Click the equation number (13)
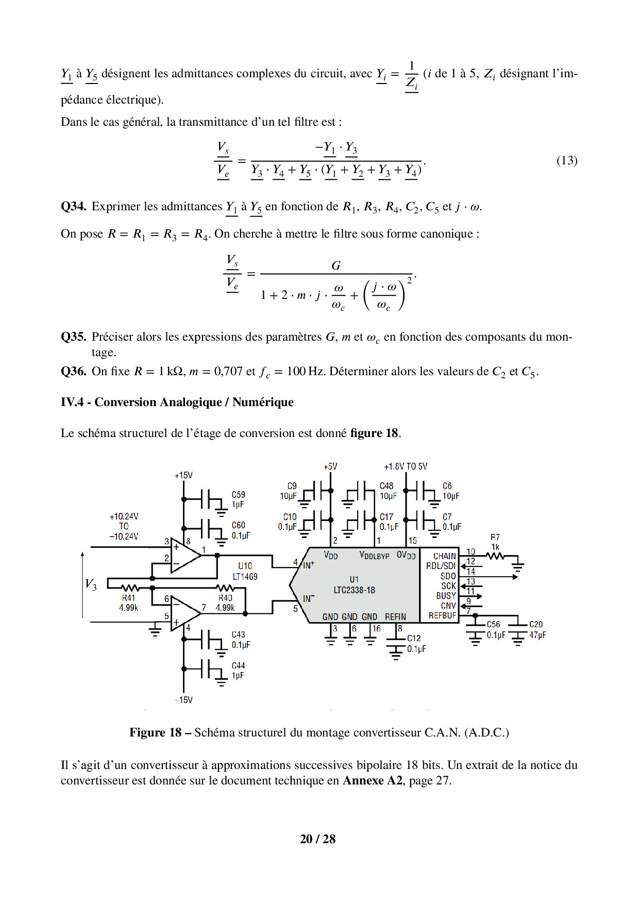(566, 161)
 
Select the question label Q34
(73, 207)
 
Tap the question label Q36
(73, 372)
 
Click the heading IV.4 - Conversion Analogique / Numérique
(177, 402)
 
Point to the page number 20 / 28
(317, 839)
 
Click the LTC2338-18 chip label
(354, 590)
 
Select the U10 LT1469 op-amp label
(245, 572)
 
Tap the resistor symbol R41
(130, 588)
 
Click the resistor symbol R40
(225, 588)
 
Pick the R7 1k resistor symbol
(495, 556)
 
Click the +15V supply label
(183, 475)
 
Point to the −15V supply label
(183, 700)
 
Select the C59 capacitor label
(238, 495)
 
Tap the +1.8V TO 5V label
(405, 466)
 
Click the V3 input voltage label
(91, 584)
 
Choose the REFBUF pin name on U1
(442, 615)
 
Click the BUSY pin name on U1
(446, 596)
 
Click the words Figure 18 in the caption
(155, 733)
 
